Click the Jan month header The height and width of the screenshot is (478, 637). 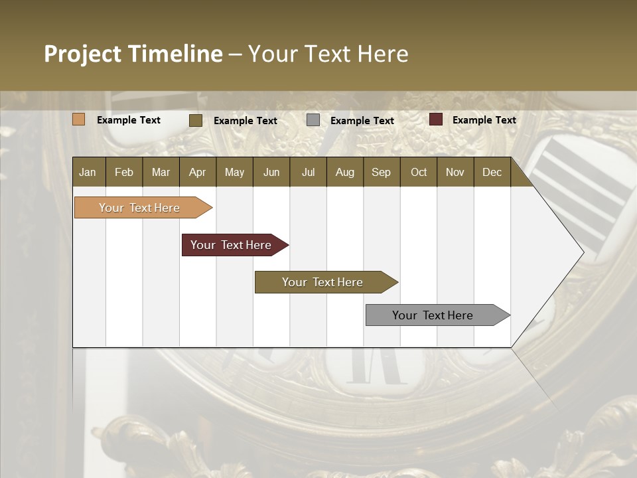88,172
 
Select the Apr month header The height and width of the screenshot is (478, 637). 197,172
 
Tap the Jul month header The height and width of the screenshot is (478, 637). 308,172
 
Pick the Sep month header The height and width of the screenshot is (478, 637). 381,172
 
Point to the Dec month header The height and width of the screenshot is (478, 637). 492,172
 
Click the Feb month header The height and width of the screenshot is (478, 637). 124,172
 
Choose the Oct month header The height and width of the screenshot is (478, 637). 419,172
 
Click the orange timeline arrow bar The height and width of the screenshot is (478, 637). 140,208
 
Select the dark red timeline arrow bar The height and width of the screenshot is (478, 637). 232,245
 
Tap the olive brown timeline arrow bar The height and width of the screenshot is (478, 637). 323,282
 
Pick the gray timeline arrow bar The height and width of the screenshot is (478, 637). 433,315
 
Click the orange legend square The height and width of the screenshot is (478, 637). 79,119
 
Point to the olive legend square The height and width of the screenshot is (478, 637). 196,120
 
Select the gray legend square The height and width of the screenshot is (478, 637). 313,120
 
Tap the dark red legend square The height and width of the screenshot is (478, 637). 436,119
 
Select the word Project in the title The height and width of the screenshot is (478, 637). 82,54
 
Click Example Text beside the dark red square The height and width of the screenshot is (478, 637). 484,120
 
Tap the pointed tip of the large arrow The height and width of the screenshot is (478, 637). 582,252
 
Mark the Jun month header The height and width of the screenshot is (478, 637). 271,172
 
